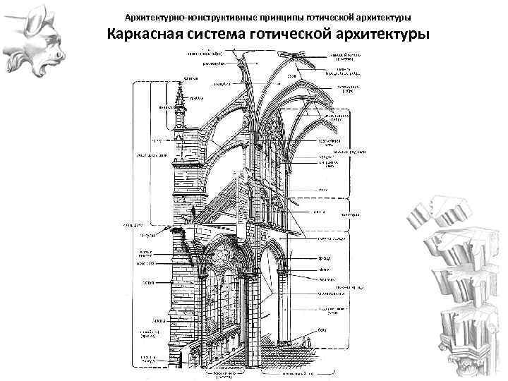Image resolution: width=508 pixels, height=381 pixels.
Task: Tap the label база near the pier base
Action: point(321,329)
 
